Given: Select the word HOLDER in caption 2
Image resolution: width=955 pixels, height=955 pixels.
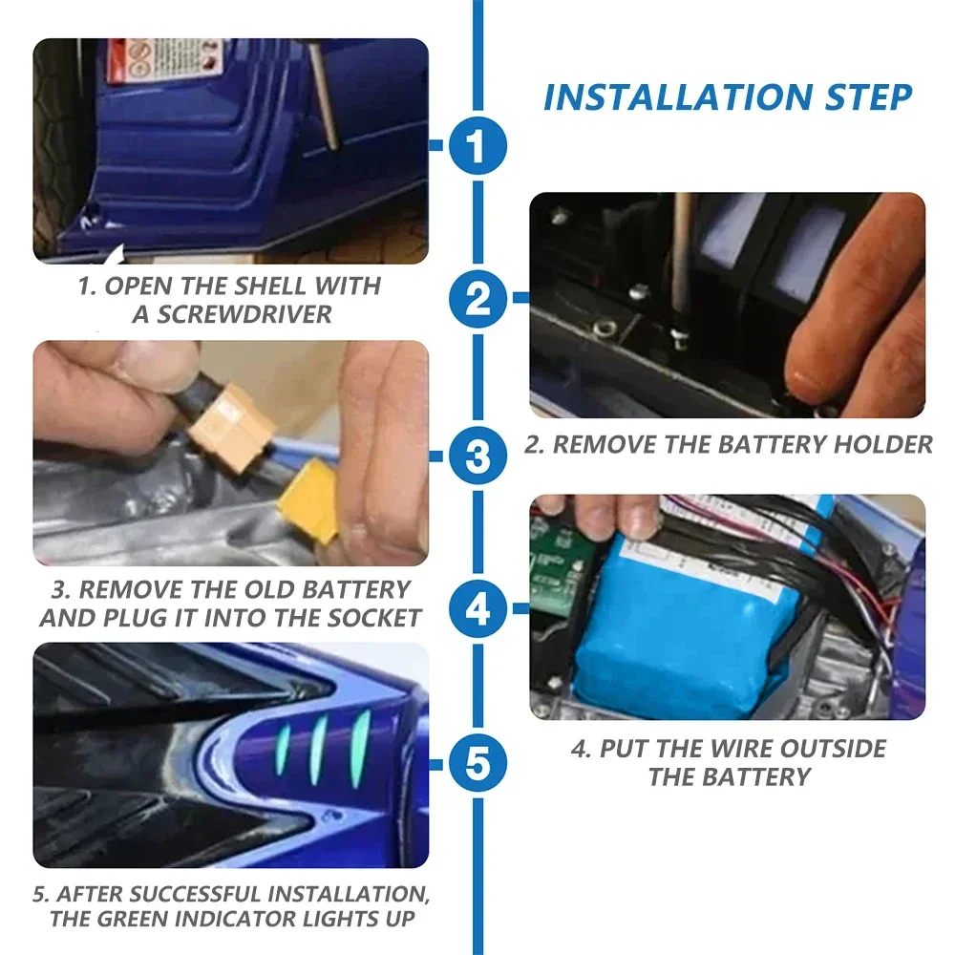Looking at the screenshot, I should (x=882, y=444).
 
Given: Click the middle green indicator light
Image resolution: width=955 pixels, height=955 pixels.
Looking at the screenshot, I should (x=318, y=747).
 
